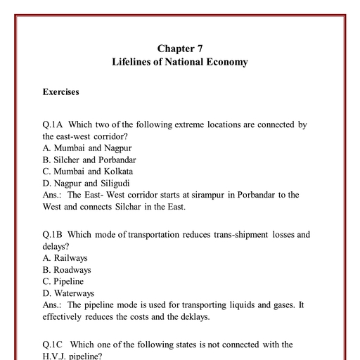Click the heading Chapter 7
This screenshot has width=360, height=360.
179,49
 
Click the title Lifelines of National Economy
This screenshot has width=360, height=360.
179,62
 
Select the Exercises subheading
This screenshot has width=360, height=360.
60,92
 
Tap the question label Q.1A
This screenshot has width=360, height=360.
54,124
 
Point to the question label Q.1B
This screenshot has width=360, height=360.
54,234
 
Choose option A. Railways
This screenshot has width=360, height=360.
65,258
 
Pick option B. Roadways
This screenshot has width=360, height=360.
67,269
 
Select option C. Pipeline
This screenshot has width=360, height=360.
64,281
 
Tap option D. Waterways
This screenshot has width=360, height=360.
68,292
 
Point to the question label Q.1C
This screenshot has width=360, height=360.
54,345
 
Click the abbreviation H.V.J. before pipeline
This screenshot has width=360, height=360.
55,356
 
